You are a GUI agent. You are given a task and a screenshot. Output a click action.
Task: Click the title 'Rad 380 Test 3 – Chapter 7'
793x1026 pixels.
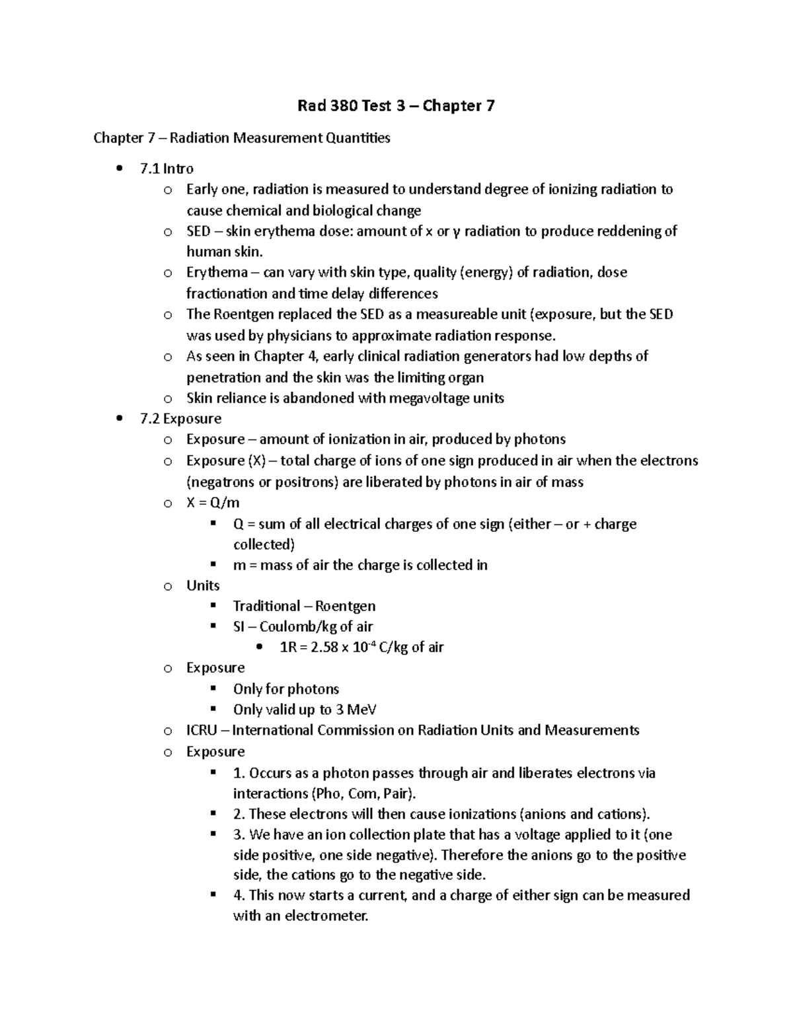tap(396, 106)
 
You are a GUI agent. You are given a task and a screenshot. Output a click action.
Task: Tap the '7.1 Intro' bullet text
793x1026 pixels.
tap(167, 168)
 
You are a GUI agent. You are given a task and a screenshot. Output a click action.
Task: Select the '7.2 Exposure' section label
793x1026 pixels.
tap(180, 419)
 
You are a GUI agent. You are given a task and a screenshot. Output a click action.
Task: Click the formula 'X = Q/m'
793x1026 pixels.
tap(213, 503)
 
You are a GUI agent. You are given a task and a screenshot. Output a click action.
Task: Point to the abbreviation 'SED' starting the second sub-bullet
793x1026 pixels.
tap(198, 231)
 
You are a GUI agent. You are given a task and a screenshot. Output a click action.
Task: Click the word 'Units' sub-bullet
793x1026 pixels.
tap(203, 585)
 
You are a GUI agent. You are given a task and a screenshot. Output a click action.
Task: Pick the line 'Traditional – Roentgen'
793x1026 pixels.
tap(304, 606)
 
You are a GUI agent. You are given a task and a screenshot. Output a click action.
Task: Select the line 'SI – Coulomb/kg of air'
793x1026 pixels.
tap(303, 626)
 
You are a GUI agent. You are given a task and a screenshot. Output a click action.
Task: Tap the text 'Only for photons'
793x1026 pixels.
tap(285, 689)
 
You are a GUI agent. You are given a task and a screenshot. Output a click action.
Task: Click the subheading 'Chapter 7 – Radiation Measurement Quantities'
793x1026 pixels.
tap(242, 138)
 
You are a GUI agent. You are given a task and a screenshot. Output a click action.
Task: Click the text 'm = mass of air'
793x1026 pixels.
tap(282, 565)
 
